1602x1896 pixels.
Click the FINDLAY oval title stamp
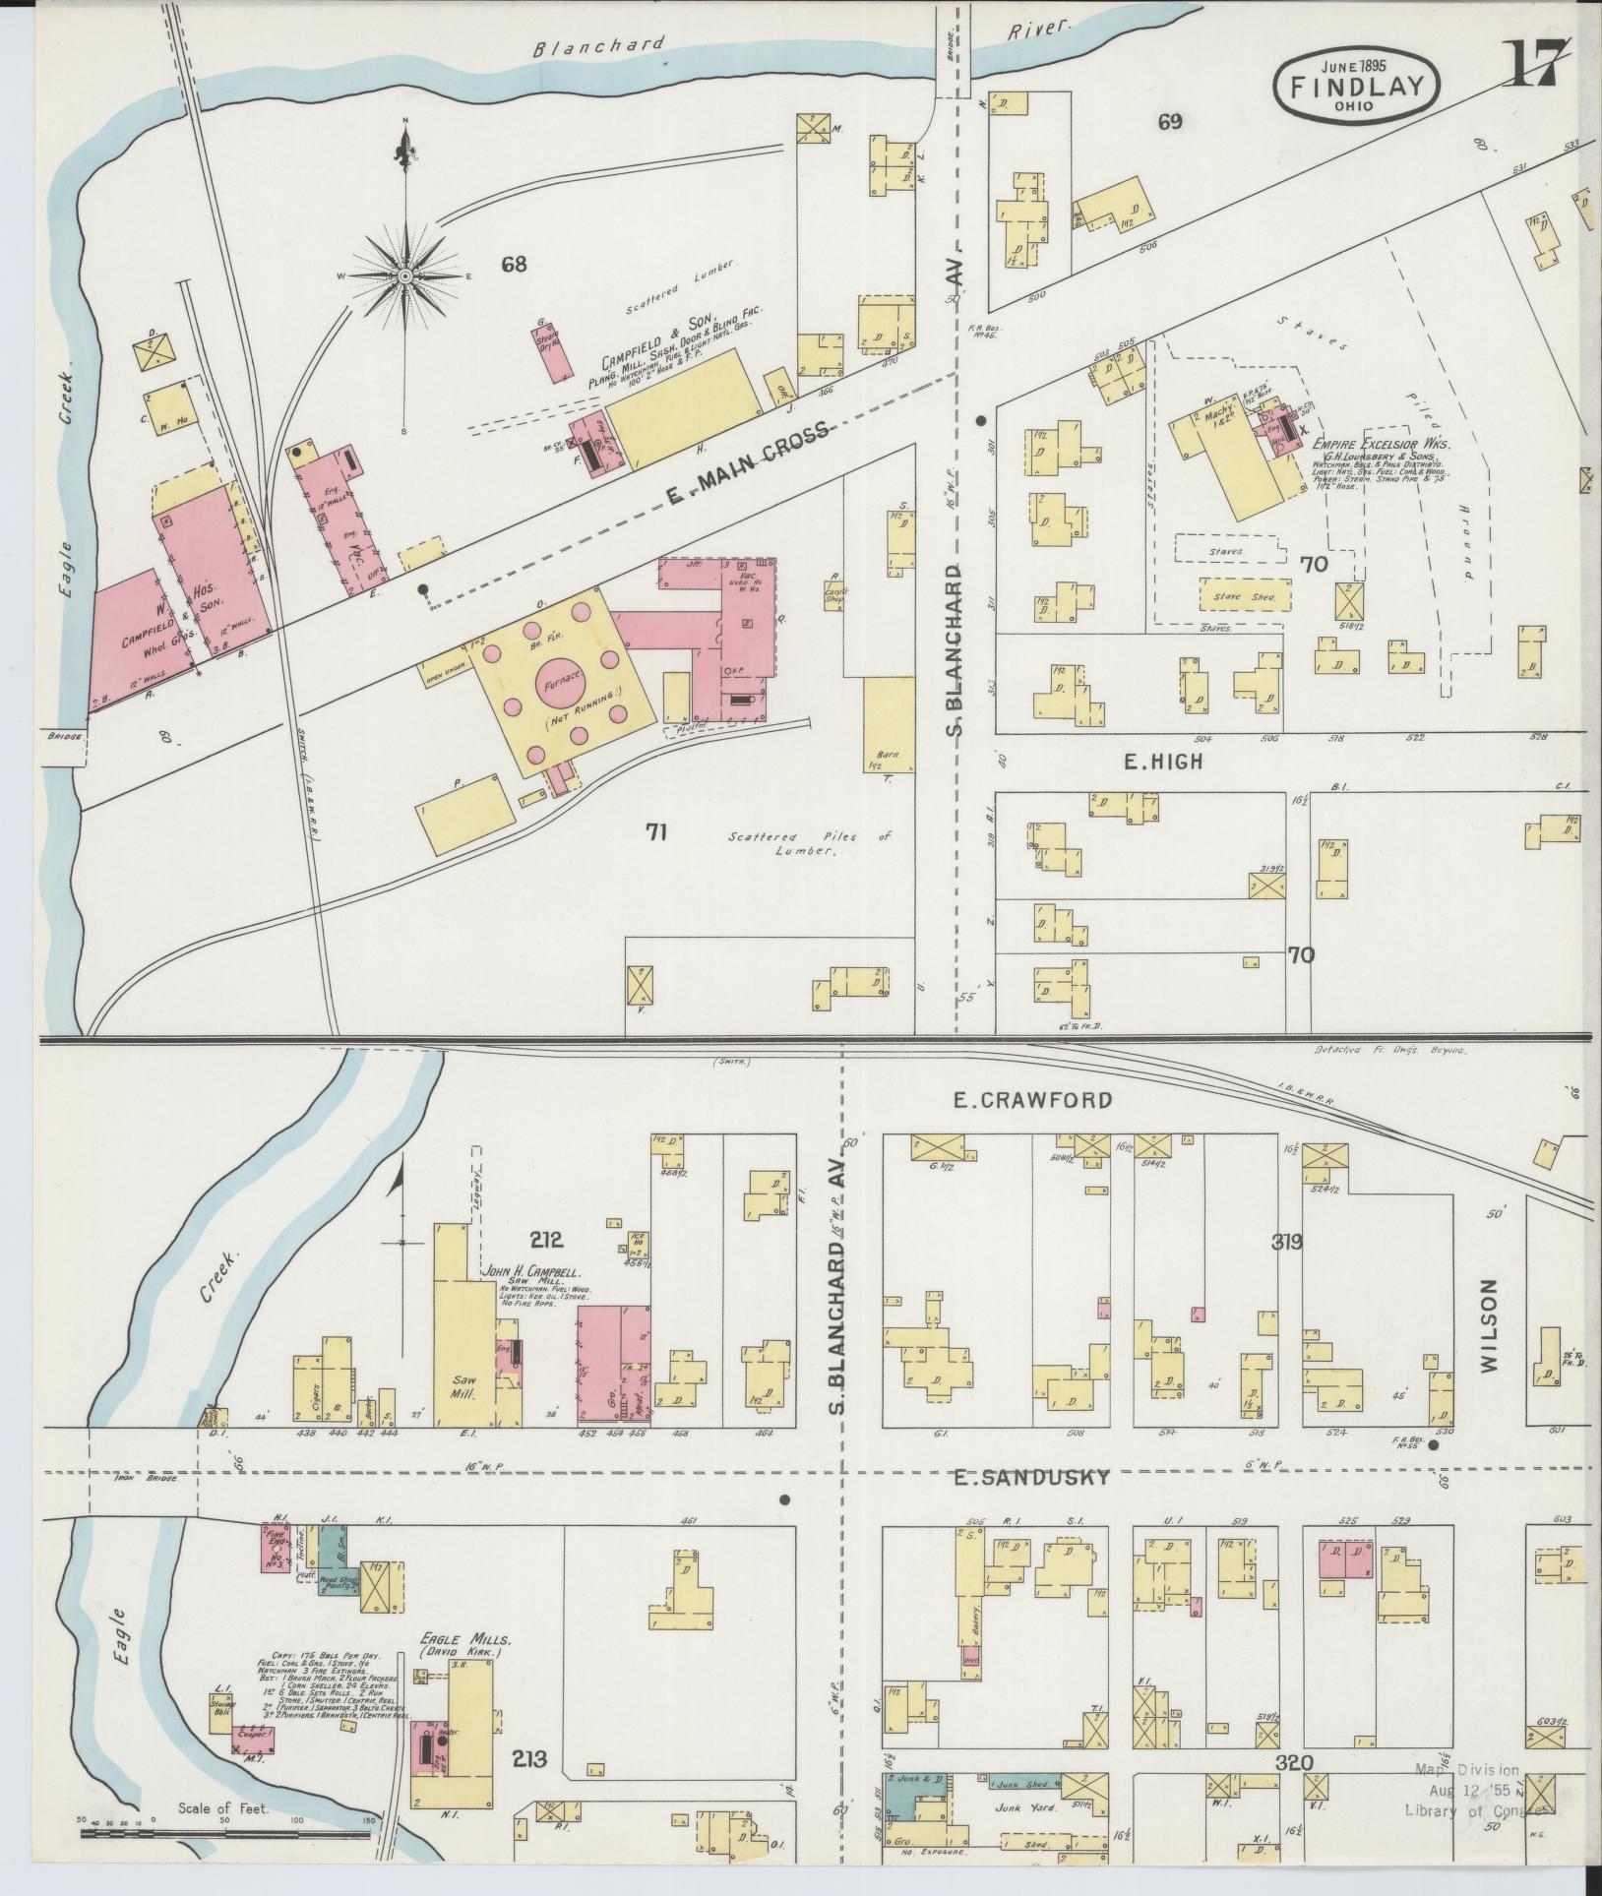(1356, 86)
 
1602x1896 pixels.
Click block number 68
(514, 264)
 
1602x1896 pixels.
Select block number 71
(657, 832)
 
